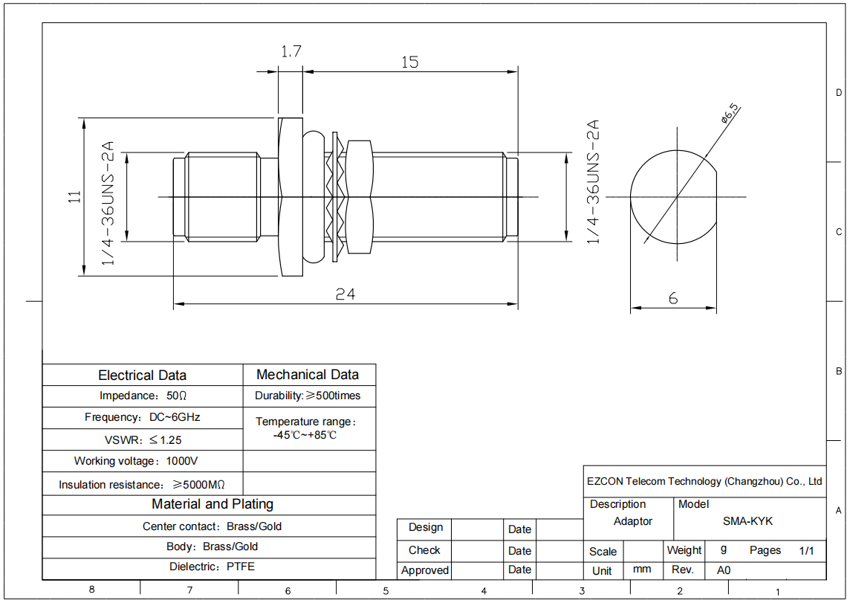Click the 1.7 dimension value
(291, 51)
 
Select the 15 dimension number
(410, 62)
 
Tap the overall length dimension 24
(345, 294)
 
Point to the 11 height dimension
(75, 196)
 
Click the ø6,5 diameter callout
(730, 113)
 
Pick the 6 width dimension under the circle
(672, 298)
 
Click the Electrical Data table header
(142, 375)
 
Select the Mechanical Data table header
(308, 375)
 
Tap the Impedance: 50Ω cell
(143, 396)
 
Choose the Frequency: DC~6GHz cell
(142, 417)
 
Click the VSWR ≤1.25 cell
(143, 439)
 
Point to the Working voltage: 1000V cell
(135, 461)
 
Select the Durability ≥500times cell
(308, 396)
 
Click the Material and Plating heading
(212, 504)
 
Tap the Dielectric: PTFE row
(212, 567)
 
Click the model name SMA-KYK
(747, 521)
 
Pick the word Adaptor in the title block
(632, 521)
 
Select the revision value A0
(723, 570)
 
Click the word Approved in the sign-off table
(424, 570)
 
